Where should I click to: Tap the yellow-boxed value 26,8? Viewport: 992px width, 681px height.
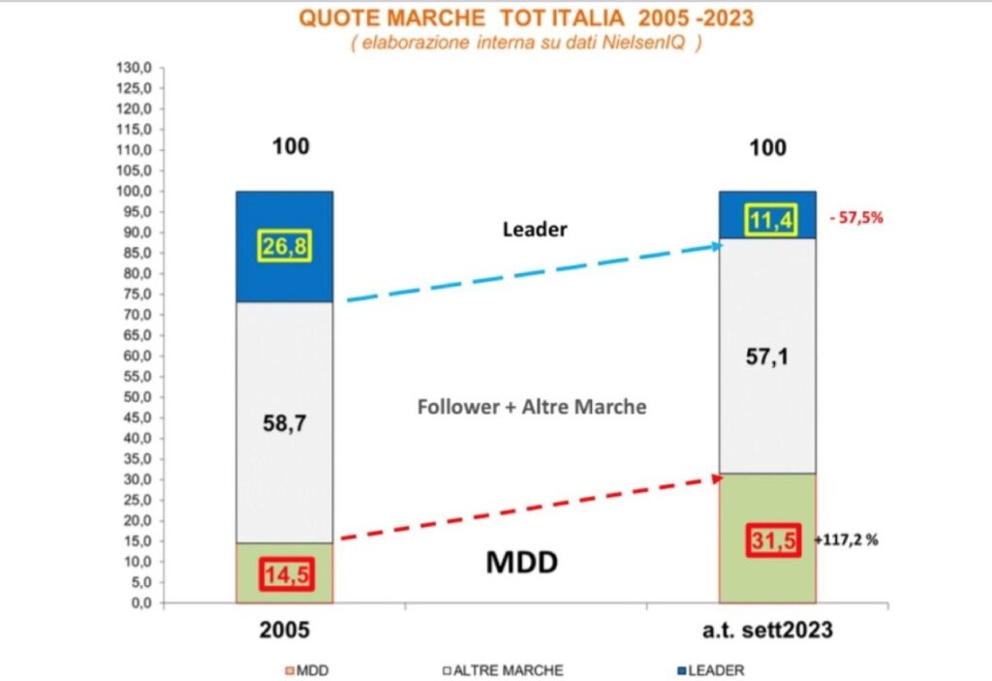(285, 247)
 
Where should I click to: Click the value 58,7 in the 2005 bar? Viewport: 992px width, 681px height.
(285, 423)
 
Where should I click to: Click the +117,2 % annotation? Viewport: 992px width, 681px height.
(848, 542)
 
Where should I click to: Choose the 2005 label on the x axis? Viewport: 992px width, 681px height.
(285, 629)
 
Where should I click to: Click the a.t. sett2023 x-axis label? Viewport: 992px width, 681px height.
(766, 629)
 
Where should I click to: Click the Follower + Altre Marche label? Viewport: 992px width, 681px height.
(532, 407)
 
